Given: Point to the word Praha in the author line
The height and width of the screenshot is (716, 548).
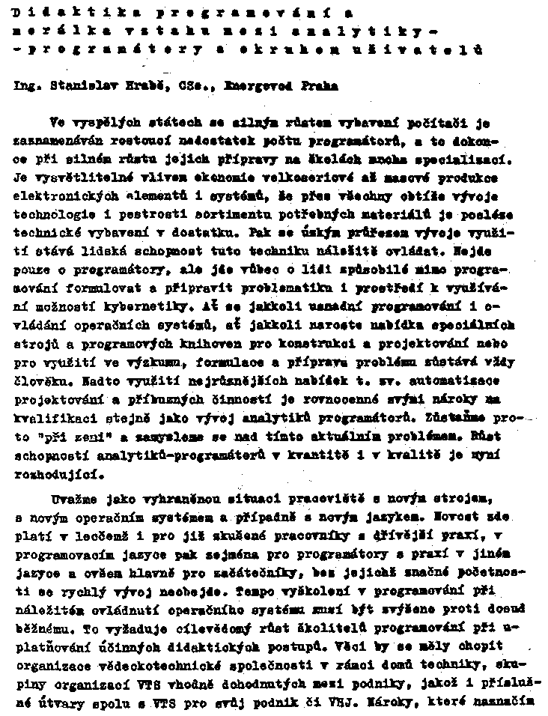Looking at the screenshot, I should click(320, 86).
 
